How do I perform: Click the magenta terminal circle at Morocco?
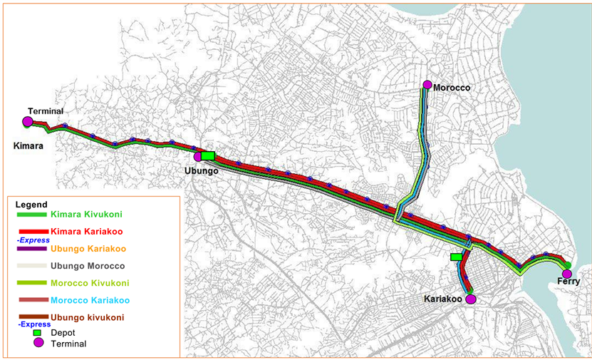pyautogui.click(x=427, y=85)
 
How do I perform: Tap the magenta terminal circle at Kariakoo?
pyautogui.click(x=470, y=299)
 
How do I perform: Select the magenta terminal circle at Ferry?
pyautogui.click(x=567, y=274)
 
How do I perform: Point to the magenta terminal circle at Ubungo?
pyautogui.click(x=197, y=157)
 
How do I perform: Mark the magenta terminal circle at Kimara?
pyautogui.click(x=27, y=122)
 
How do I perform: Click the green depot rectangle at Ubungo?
pyautogui.click(x=208, y=155)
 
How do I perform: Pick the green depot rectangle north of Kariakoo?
pyautogui.click(x=456, y=257)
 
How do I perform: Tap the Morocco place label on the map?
pyautogui.click(x=453, y=87)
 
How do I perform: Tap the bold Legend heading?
pyautogui.click(x=31, y=205)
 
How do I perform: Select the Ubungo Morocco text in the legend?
pyautogui.click(x=88, y=266)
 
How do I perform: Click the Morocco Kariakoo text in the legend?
pyautogui.click(x=88, y=299)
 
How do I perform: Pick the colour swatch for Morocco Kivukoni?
pyautogui.click(x=31, y=283)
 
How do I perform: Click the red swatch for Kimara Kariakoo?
pyautogui.click(x=31, y=232)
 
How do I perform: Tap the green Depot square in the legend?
pyautogui.click(x=39, y=332)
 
